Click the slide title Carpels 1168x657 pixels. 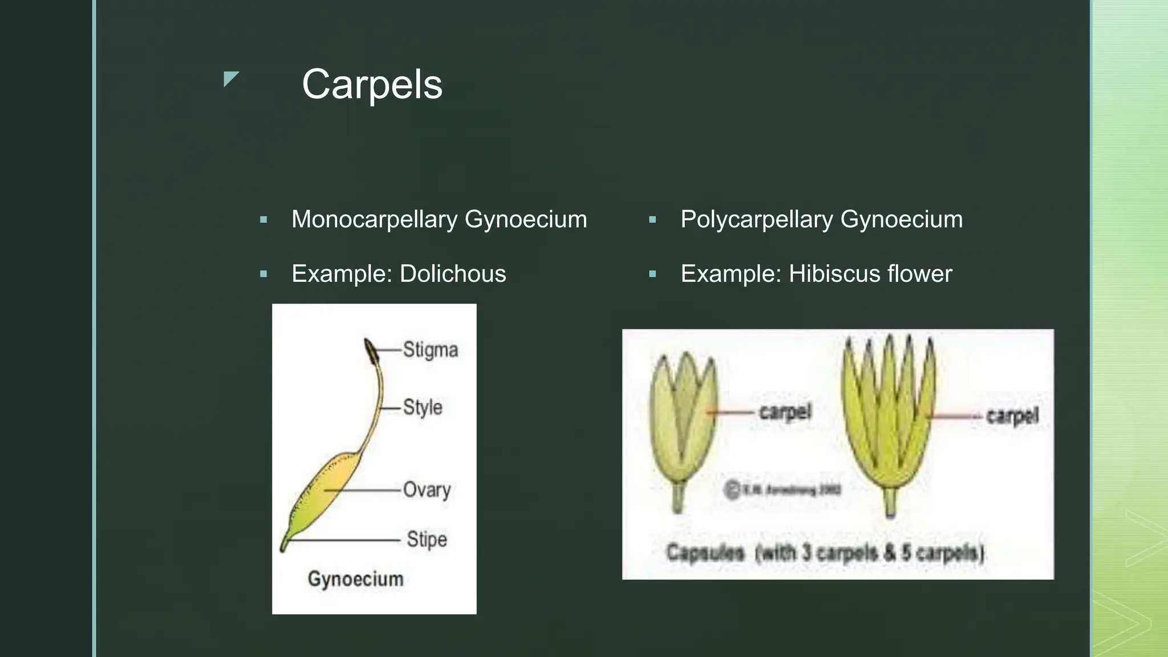[x=372, y=84]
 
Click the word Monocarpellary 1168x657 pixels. [x=374, y=220]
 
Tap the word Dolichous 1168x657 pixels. [x=452, y=274]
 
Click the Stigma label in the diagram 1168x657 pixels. [x=430, y=350]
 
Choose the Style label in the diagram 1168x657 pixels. [x=422, y=407]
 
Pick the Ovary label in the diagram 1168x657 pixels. [x=427, y=490]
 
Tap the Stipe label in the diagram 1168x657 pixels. [x=427, y=540]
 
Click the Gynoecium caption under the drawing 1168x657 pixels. [x=355, y=579]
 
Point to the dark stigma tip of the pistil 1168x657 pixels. [x=371, y=351]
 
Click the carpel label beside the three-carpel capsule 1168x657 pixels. [x=785, y=412]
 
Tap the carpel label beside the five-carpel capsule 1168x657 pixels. [x=1012, y=416]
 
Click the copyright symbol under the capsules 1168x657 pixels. [x=732, y=490]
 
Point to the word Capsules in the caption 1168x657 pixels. [x=705, y=553]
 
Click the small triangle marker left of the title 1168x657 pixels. [x=230, y=79]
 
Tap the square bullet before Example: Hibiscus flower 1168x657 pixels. [x=653, y=274]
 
